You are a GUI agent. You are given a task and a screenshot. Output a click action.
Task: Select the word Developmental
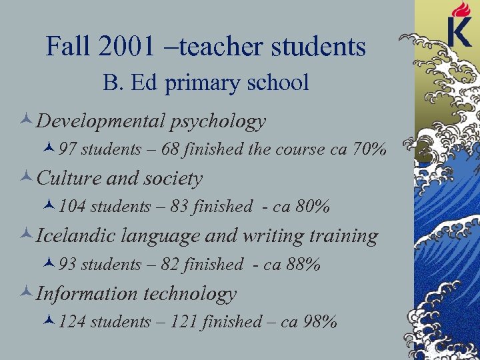click(x=100, y=121)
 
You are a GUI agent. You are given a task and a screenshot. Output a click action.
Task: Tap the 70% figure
click(x=369, y=150)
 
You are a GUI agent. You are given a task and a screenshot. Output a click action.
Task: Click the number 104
click(x=73, y=207)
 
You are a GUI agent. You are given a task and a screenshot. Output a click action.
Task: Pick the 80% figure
click(x=313, y=207)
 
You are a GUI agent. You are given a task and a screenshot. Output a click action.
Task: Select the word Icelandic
click(x=71, y=235)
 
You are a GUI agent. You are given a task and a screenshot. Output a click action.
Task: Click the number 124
click(x=73, y=322)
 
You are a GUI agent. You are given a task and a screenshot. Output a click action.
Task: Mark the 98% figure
click(x=320, y=322)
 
